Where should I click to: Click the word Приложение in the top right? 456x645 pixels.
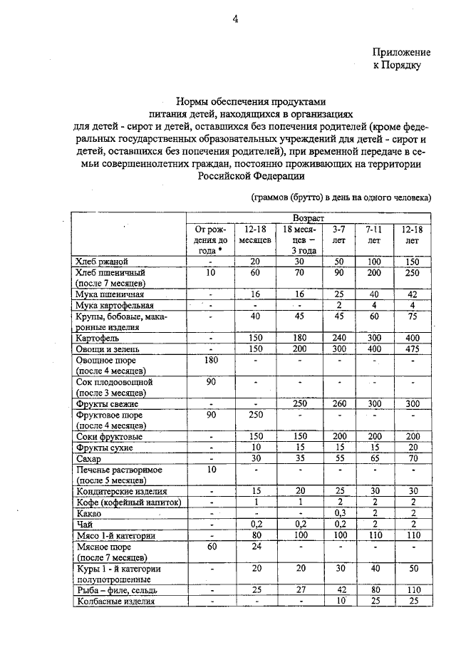(402, 53)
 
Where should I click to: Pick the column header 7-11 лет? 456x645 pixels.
(373, 235)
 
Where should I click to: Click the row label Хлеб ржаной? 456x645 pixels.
(101, 262)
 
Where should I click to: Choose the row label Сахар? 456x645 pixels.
(90, 460)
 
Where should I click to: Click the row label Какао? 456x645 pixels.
(89, 512)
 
